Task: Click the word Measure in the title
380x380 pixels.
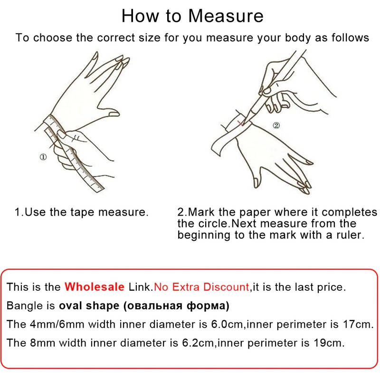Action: click(226, 16)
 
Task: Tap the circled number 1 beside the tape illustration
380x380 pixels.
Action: click(43, 157)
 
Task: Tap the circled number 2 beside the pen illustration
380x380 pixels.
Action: click(276, 125)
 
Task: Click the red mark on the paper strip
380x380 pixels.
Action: click(241, 123)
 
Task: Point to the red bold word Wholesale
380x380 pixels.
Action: click(95, 287)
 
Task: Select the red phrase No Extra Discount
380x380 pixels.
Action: click(201, 287)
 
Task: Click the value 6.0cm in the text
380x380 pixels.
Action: click(227, 324)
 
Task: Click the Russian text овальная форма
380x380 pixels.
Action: click(176, 305)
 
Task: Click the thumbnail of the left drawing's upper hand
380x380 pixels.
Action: click(114, 114)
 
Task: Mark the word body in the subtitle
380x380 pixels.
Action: click(298, 38)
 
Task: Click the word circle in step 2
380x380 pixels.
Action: click(213, 223)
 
